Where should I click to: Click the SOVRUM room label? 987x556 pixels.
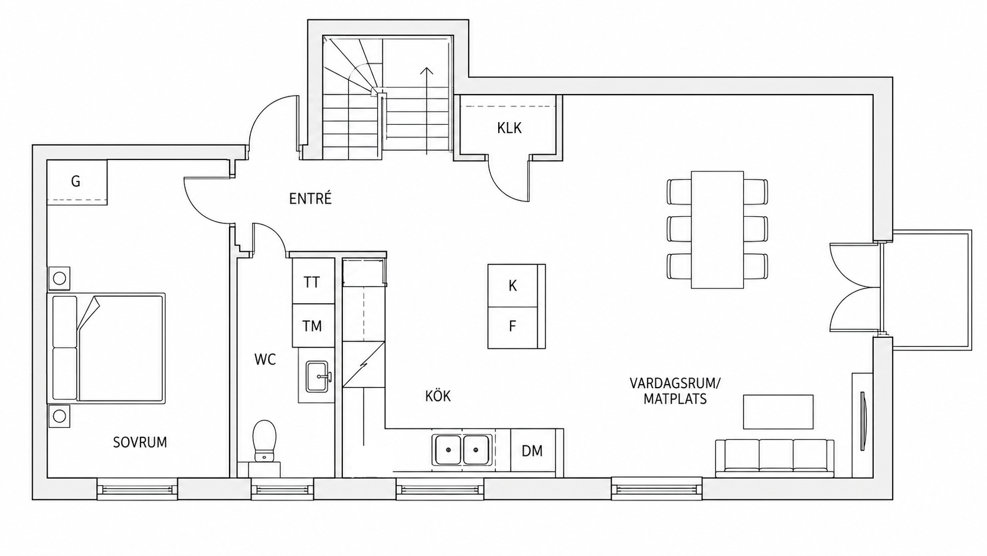tap(140, 442)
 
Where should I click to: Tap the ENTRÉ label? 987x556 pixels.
tap(310, 199)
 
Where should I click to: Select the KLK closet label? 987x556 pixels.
tap(509, 128)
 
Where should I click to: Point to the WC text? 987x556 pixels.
tap(265, 360)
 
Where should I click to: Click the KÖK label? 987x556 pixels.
tap(438, 395)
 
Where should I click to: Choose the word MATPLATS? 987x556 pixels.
tap(675, 399)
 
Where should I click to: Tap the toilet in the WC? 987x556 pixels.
tap(264, 441)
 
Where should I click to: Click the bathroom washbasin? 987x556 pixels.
tap(317, 376)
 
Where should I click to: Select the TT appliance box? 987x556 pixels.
tap(313, 281)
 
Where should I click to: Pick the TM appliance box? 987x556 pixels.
tap(313, 326)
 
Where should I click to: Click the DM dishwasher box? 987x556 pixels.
tap(532, 451)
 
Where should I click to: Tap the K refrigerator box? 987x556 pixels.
tap(513, 286)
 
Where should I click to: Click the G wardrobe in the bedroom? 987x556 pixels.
tap(77, 182)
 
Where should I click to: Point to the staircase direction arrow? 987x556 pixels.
tap(427, 110)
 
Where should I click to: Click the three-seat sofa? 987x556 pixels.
tap(774, 459)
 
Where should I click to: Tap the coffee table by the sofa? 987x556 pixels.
tap(778, 412)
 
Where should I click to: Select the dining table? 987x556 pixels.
tap(717, 230)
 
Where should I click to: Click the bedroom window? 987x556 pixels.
tap(137, 489)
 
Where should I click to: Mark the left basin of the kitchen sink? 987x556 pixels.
tap(448, 450)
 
